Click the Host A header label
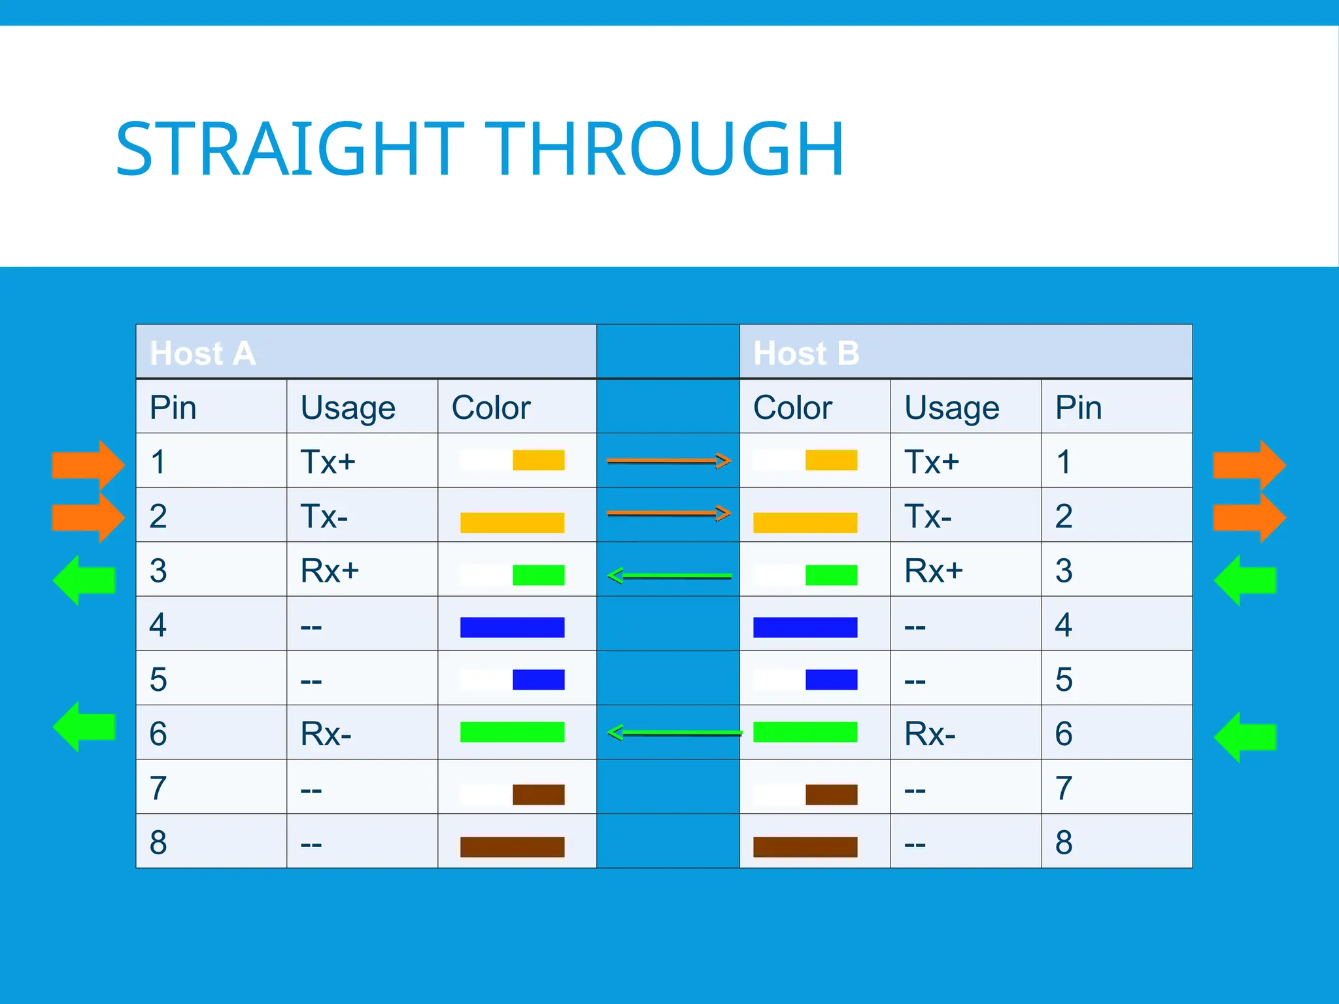pyautogui.click(x=203, y=353)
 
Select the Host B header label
pyautogui.click(x=806, y=353)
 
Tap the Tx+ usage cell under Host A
pyautogui.click(x=328, y=461)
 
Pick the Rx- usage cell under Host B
pyautogui.click(x=930, y=733)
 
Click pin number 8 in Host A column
pyautogui.click(x=158, y=842)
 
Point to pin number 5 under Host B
pyautogui.click(x=1064, y=679)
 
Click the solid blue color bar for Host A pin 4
pyautogui.click(x=512, y=627)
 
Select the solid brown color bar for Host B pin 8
pyautogui.click(x=805, y=846)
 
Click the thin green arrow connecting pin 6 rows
pyautogui.click(x=673, y=733)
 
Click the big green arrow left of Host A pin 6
pyautogui.click(x=85, y=726)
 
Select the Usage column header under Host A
pyautogui.click(x=348, y=408)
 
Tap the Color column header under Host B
pyautogui.click(x=792, y=408)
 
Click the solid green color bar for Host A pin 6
pyautogui.click(x=512, y=731)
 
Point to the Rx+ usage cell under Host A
pyautogui.click(x=330, y=571)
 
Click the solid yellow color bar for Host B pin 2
pyautogui.click(x=805, y=522)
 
